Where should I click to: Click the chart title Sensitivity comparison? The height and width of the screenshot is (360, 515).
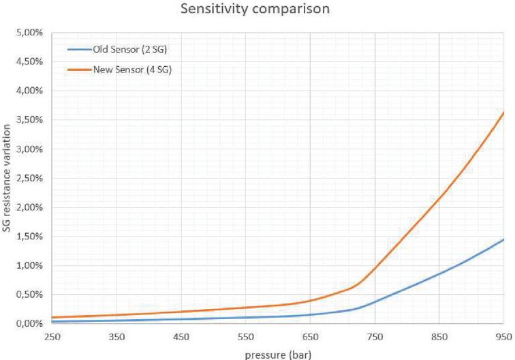coord(257,11)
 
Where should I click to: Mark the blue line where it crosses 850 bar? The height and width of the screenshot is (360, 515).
coord(439,273)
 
